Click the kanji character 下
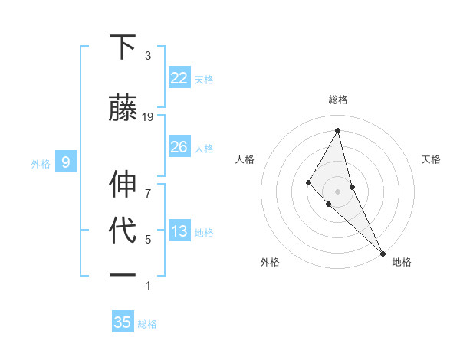coord(123,48)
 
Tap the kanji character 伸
coord(123,184)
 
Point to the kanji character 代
coord(123,231)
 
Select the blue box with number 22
coord(179,78)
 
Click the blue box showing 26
coord(179,147)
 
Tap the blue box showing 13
coord(179,231)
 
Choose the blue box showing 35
coord(123,322)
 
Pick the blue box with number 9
coord(66,162)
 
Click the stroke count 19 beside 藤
coord(148,117)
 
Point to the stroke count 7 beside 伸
coord(148,185)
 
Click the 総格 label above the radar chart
coord(337,100)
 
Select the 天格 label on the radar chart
coord(431,159)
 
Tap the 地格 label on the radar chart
coord(402,262)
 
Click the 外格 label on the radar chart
coord(270,262)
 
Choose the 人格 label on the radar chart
coord(245,159)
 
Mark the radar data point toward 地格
coord(383,252)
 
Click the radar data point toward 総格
coord(337,130)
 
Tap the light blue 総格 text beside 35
coord(147,324)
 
